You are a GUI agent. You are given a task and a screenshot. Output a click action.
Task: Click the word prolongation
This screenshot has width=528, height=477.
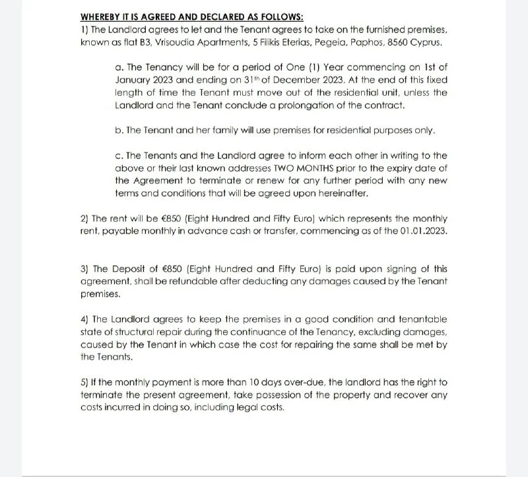coord(307,106)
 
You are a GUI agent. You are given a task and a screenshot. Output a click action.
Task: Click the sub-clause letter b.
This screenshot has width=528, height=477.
coord(119,130)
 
